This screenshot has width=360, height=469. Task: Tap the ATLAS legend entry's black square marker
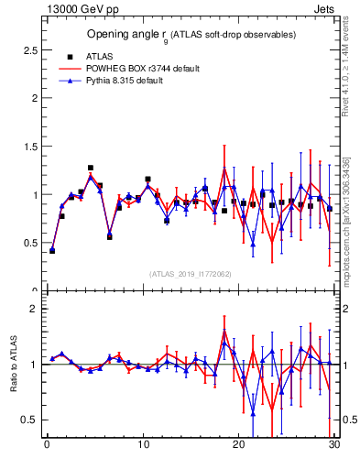click(68, 57)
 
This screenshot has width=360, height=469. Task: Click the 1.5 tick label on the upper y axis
click(31, 147)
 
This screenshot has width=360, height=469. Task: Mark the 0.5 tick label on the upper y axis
click(31, 244)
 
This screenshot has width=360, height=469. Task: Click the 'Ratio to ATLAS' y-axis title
click(12, 365)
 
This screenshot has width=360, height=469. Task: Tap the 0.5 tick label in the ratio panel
click(31, 420)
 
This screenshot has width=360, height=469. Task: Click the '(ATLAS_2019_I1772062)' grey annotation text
click(191, 273)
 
